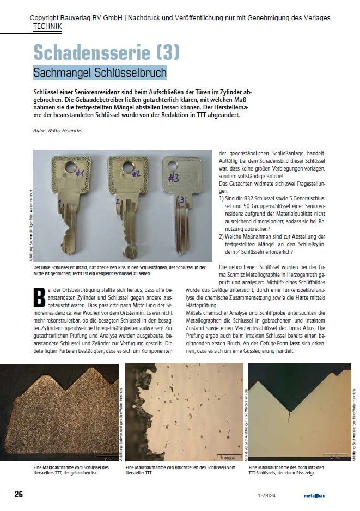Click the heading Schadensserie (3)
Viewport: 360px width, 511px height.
pyautogui.click(x=106, y=53)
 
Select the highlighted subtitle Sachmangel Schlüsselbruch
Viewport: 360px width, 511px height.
pyautogui.click(x=100, y=72)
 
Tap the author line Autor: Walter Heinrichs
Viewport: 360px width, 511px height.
pyautogui.click(x=58, y=131)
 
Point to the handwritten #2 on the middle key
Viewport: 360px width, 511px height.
pyautogui.click(x=136, y=174)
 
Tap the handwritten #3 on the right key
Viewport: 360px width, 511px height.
pyautogui.click(x=174, y=178)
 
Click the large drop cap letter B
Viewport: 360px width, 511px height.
pyautogui.click(x=39, y=296)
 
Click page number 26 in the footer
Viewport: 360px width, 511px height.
pyautogui.click(x=19, y=494)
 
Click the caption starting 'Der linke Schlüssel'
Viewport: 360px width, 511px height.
pyautogui.click(x=120, y=269)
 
